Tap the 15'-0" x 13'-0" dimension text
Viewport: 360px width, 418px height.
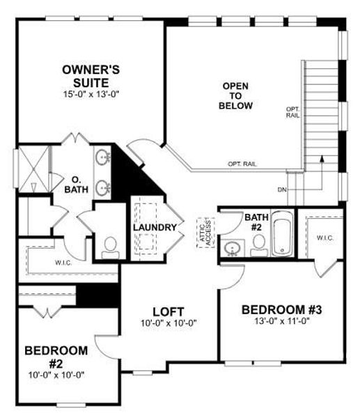coord(91,92)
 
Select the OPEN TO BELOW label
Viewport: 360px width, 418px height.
coord(236,95)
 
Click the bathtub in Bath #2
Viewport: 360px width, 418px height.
coord(283,233)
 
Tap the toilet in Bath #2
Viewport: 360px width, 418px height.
coord(258,243)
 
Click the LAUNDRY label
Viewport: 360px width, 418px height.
coord(152,227)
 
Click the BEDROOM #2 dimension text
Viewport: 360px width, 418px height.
coord(56,374)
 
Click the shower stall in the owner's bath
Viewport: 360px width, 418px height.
coord(31,168)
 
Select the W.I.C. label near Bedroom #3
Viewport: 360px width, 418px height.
coord(325,238)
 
